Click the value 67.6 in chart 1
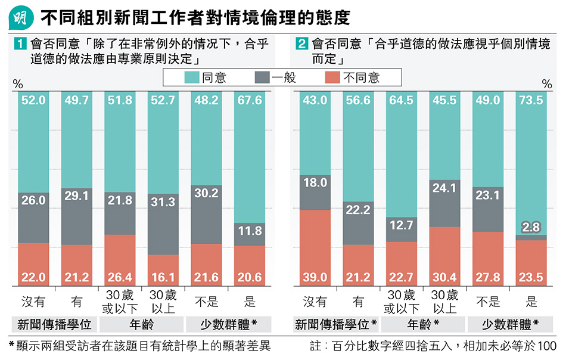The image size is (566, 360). click(249, 101)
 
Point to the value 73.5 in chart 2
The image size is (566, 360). click(531, 101)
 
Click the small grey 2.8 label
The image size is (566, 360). click(531, 227)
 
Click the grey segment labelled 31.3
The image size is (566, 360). click(163, 224)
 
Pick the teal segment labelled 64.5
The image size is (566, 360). click(401, 155)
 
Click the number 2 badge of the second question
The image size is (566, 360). click(302, 44)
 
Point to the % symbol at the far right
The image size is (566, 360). click(546, 85)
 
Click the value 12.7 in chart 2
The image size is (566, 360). click(401, 226)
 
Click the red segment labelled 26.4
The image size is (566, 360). click(120, 260)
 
